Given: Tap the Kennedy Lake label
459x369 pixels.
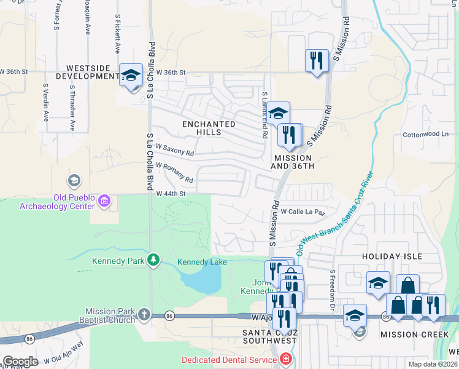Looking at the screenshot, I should pyautogui.click(x=202, y=262).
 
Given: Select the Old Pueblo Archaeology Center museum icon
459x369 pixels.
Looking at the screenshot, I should pyautogui.click(x=104, y=200).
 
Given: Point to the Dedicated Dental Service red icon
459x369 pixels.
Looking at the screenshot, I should pyautogui.click(x=285, y=359).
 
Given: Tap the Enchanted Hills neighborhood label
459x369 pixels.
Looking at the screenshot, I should pyautogui.click(x=209, y=128).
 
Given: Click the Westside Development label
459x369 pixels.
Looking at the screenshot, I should pyautogui.click(x=87, y=72).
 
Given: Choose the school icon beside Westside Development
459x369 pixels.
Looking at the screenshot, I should pyautogui.click(x=131, y=76).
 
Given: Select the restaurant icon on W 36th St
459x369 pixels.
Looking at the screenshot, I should pyautogui.click(x=317, y=61).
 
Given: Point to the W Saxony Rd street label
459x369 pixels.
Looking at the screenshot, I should pyautogui.click(x=174, y=150).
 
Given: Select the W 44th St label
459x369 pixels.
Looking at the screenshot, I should pyautogui.click(x=171, y=194).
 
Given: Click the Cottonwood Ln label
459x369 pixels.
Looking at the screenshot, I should pyautogui.click(x=425, y=134).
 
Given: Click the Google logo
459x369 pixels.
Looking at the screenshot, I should pyautogui.click(x=20, y=362).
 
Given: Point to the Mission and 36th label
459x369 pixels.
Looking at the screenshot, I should pyautogui.click(x=293, y=162).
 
